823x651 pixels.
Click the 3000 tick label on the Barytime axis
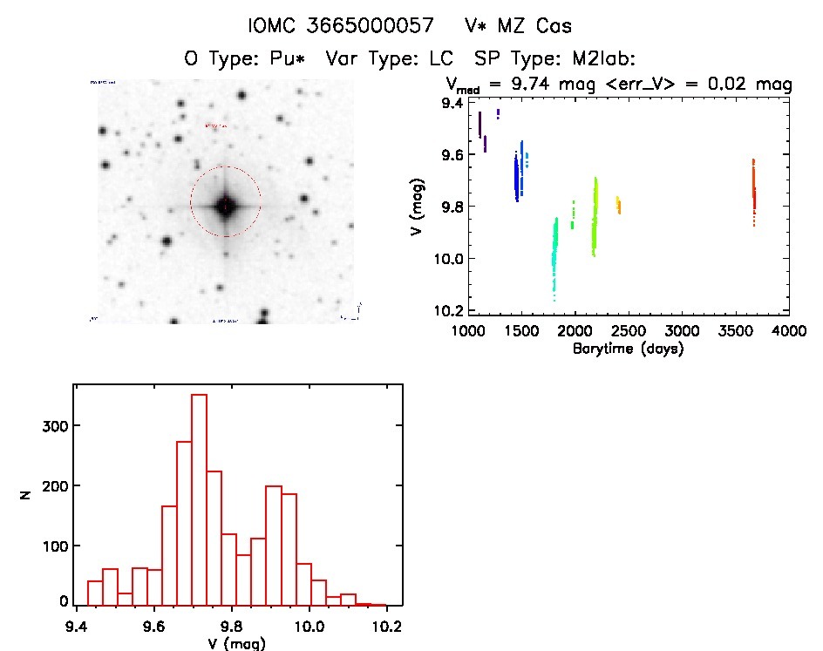click(x=683, y=331)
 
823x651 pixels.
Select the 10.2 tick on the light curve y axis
click(x=452, y=310)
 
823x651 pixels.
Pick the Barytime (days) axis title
click(x=628, y=349)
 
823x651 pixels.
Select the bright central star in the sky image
click(x=226, y=206)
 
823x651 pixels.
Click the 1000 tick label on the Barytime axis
click(x=469, y=331)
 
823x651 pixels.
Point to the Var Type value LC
click(x=446, y=60)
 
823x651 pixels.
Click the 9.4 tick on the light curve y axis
click(x=452, y=104)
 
